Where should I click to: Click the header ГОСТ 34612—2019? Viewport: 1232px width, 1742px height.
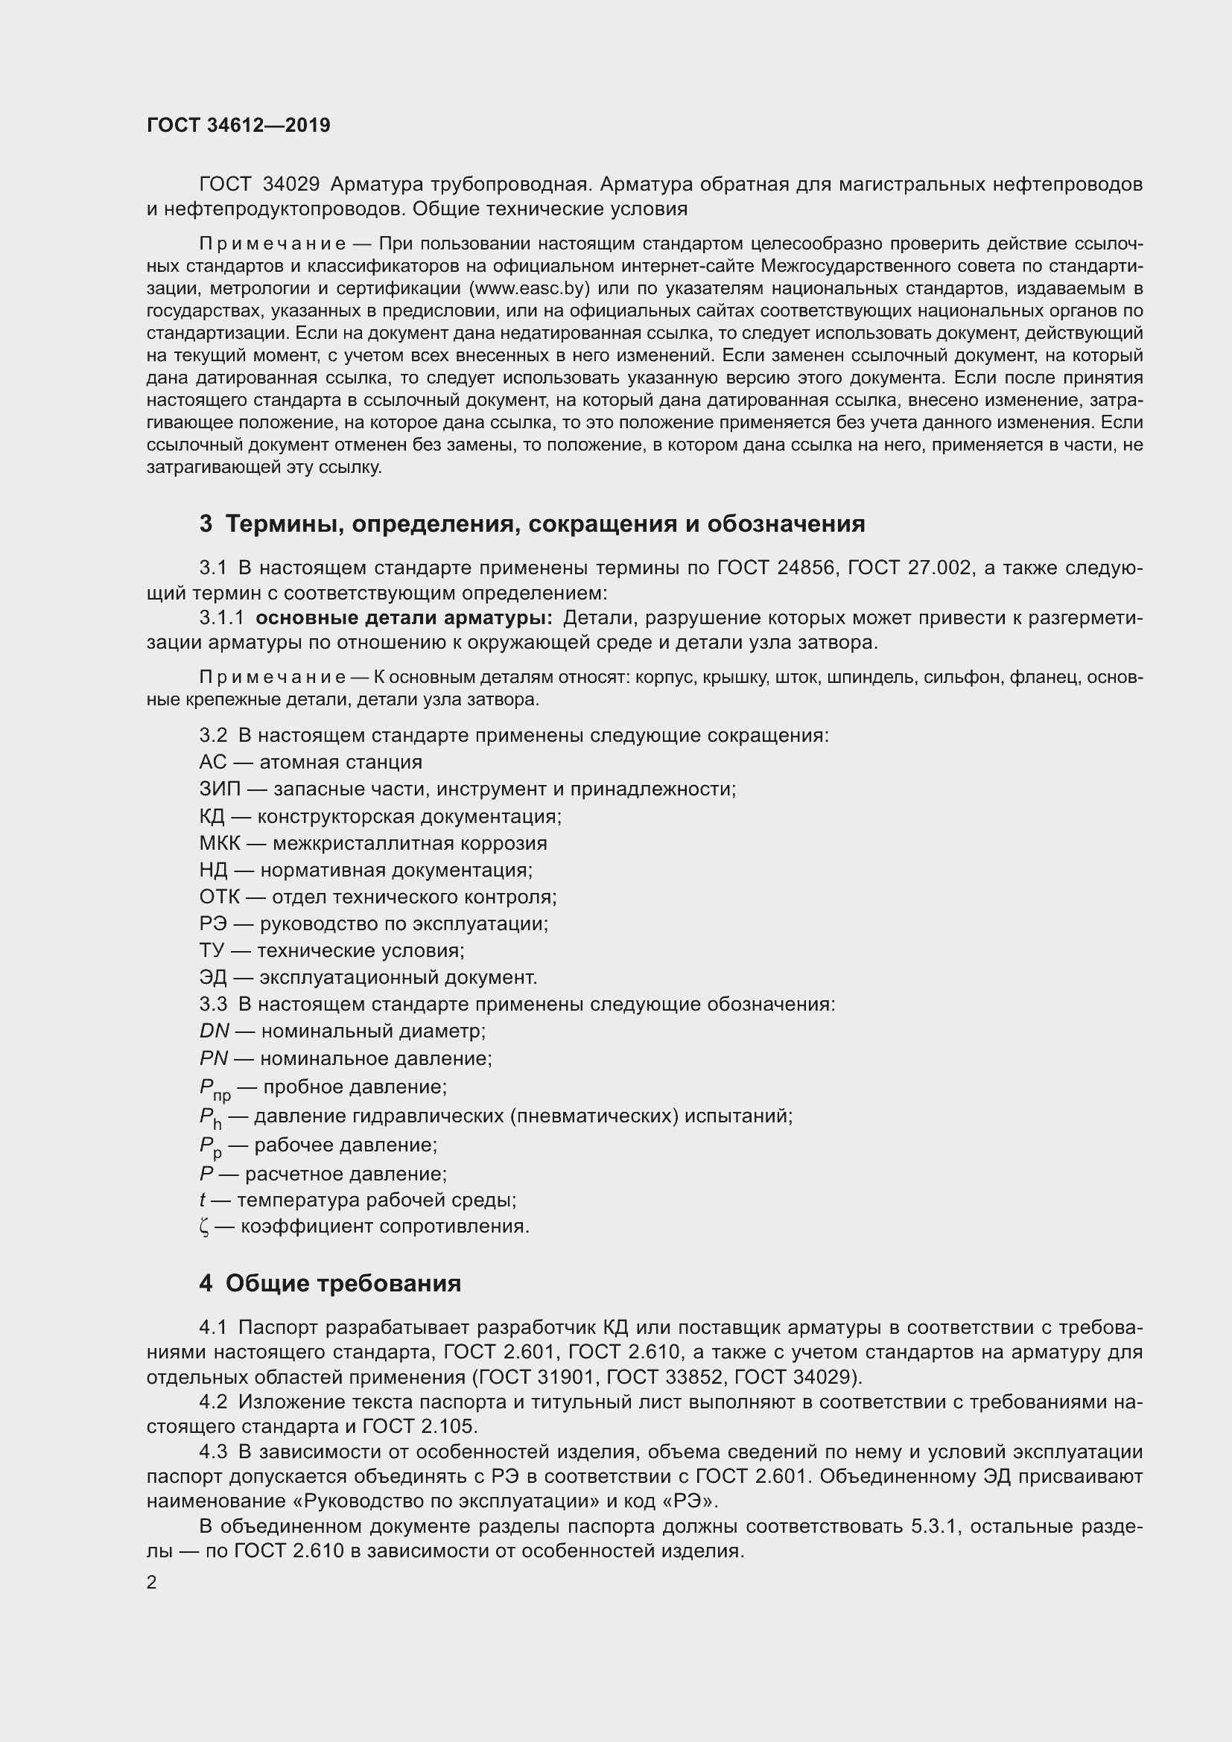[x=238, y=125]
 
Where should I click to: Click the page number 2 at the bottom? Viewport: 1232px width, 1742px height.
[x=152, y=1583]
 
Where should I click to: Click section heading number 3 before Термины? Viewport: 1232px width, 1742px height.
[x=206, y=524]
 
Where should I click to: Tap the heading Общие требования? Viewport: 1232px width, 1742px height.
[x=343, y=1284]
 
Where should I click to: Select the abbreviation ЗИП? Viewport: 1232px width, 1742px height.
[x=219, y=789]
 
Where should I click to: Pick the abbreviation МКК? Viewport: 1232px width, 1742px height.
[x=220, y=843]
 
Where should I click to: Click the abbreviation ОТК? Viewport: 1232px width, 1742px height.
[x=219, y=897]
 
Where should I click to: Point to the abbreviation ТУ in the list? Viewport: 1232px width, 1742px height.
[x=212, y=950]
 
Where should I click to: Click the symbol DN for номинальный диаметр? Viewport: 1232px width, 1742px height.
[x=214, y=1031]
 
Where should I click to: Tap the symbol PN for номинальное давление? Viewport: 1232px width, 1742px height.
[x=213, y=1058]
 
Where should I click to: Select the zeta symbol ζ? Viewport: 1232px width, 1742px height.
[x=204, y=1227]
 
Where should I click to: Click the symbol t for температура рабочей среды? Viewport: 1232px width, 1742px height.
[x=203, y=1201]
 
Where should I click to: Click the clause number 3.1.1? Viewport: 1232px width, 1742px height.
[x=221, y=617]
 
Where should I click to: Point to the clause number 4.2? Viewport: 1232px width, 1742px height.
[x=213, y=1402]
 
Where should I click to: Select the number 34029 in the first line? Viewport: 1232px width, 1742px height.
[x=290, y=185]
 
